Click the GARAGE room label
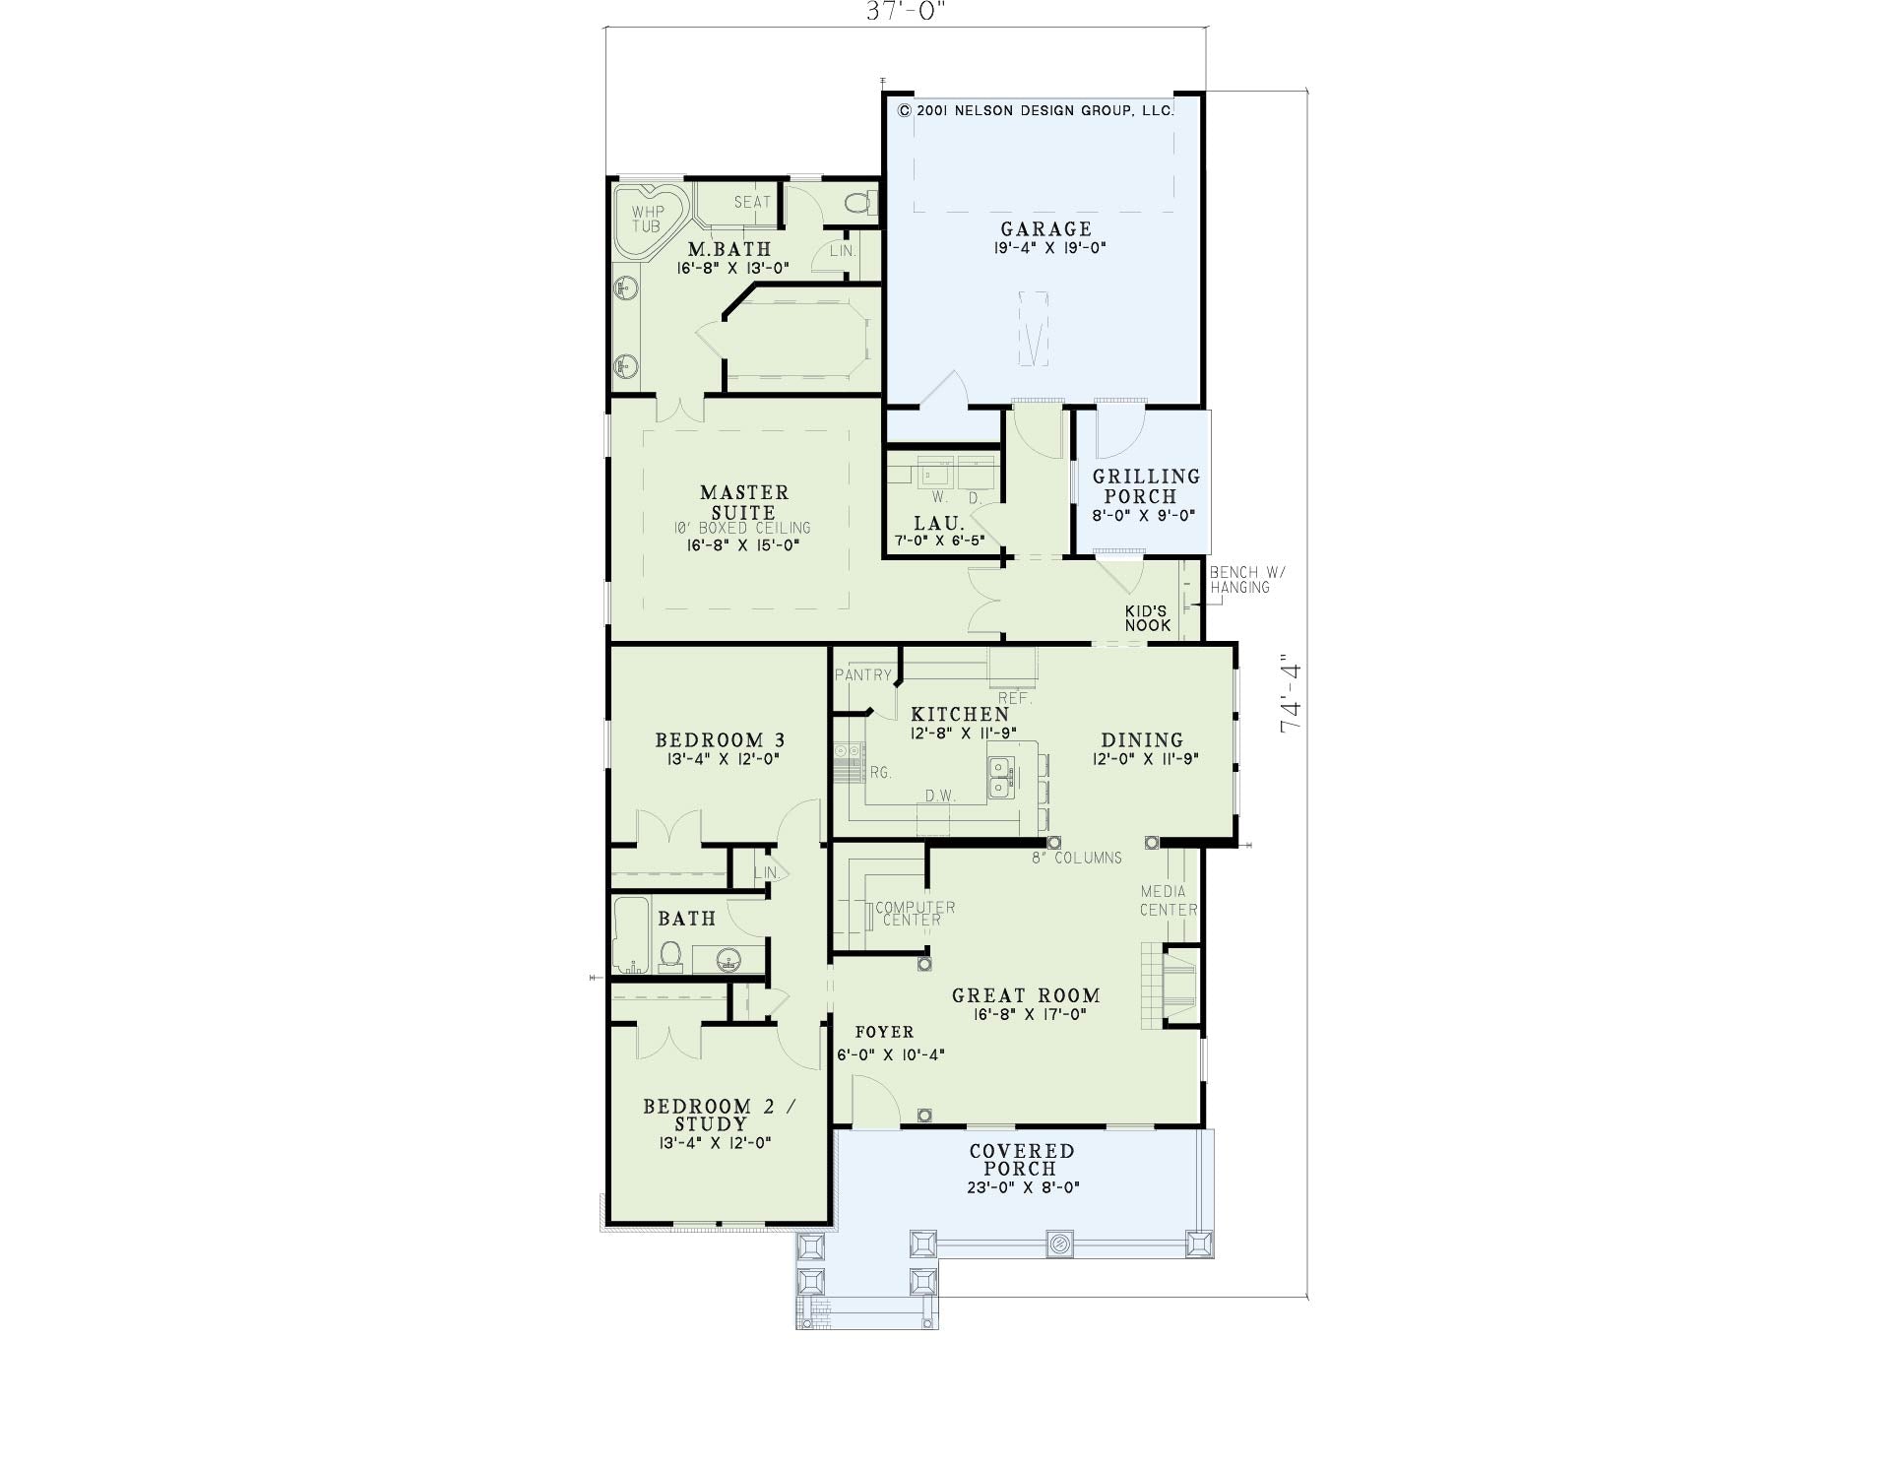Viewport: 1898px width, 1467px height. point(1046,229)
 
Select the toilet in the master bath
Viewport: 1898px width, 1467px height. point(860,204)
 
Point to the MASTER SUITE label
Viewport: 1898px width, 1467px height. point(744,502)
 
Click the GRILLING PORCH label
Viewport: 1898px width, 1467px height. point(1146,486)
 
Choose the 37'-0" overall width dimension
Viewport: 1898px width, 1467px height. point(907,11)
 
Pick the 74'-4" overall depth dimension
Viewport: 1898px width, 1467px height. point(1290,695)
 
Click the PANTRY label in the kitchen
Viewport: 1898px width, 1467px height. point(863,675)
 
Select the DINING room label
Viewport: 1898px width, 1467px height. point(1142,740)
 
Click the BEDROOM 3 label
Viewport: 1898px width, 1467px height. point(720,740)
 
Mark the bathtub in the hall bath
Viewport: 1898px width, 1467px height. point(630,934)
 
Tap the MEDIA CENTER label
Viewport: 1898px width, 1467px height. point(1169,901)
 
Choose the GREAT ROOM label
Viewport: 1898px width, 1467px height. point(1026,996)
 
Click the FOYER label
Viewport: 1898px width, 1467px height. point(884,1033)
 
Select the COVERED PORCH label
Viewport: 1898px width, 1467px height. point(1022,1160)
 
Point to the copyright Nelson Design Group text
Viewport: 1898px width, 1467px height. point(1036,111)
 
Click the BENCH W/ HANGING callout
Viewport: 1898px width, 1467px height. point(1247,580)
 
